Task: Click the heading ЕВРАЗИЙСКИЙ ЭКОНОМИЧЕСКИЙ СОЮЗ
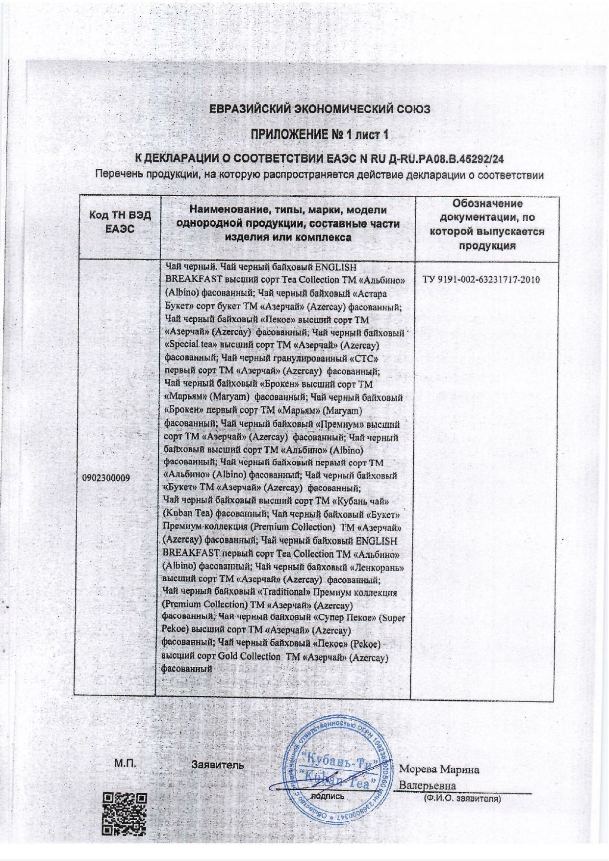320,109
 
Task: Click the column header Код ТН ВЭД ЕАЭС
120,222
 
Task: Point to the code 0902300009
106,477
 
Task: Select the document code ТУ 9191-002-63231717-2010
481,280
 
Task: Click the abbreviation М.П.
125,763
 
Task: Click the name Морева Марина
439,769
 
